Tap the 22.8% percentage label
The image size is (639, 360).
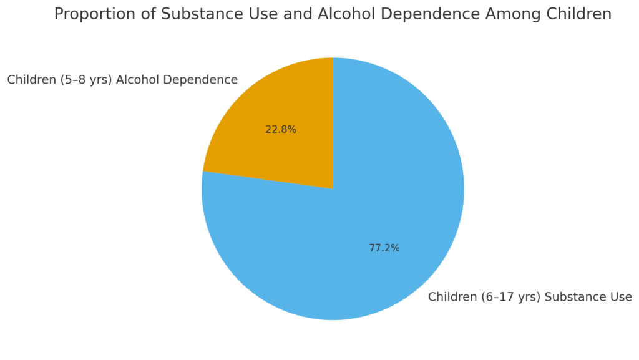(281, 130)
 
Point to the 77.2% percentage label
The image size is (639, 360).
(384, 248)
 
